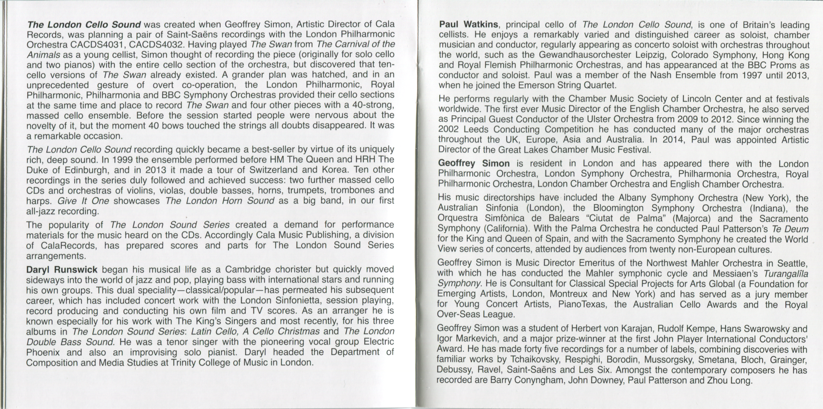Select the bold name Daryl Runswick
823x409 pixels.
(62, 270)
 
